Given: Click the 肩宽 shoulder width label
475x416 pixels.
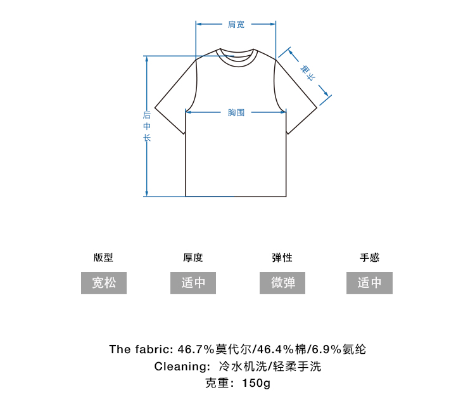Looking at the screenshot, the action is (236, 24).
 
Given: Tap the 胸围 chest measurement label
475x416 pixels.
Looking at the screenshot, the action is (236, 112).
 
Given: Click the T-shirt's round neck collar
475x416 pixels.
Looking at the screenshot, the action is (236, 55).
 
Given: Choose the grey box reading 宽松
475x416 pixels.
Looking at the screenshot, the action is (104, 283).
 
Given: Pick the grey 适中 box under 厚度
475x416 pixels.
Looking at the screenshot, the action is (193, 283).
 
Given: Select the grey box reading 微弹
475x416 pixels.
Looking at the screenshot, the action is (282, 283).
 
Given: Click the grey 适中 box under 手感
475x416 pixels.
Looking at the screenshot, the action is (369, 283).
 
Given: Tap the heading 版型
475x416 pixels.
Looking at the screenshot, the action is (104, 257).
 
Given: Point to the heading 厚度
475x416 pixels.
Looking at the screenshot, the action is (193, 257).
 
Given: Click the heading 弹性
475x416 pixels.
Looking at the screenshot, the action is (282, 257).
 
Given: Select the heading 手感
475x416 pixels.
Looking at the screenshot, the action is (369, 257).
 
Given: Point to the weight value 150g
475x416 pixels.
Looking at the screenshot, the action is (256, 384).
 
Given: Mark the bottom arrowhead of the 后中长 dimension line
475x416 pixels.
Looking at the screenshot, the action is (147, 193).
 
